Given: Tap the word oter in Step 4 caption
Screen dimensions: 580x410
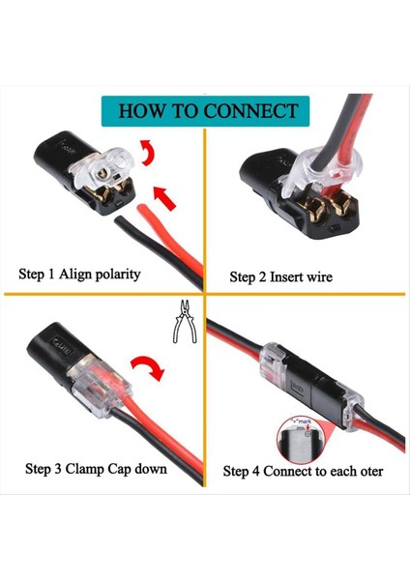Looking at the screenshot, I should coord(366,472).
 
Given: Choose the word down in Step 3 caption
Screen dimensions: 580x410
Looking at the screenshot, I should coord(150,469).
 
